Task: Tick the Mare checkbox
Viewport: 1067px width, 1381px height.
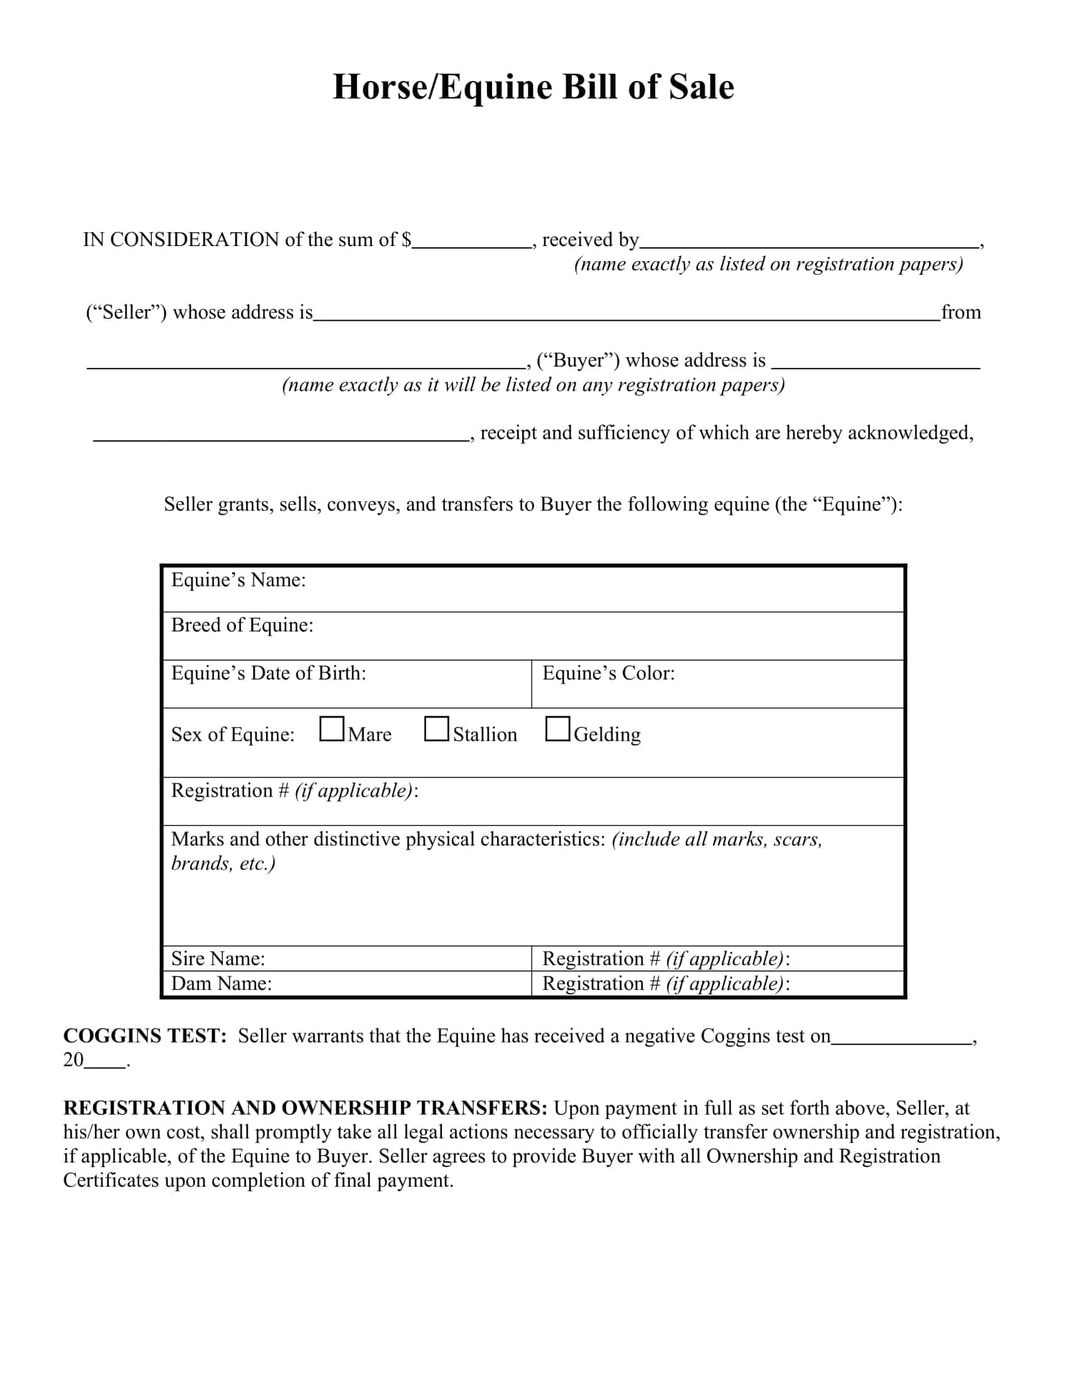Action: [332, 728]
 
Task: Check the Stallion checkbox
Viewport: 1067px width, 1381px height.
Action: [436, 728]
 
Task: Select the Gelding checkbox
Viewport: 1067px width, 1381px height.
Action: [557, 728]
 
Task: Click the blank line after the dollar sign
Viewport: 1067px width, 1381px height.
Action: [471, 244]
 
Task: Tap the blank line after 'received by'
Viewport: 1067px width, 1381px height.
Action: [808, 244]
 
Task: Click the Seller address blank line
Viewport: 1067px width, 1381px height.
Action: [626, 316]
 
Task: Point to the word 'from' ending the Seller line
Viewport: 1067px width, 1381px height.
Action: [961, 313]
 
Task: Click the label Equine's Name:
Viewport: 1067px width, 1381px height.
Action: [239, 580]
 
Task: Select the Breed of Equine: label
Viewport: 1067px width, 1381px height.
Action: [242, 625]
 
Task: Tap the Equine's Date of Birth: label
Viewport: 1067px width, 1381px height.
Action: [269, 673]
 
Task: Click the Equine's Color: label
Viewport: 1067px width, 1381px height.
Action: [608, 673]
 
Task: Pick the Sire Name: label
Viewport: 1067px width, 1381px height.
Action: [218, 959]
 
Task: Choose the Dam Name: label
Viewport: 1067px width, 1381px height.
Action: [221, 983]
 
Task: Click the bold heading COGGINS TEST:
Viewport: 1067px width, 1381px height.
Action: [145, 1036]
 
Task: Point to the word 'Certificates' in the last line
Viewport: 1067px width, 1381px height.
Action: [110, 1180]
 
